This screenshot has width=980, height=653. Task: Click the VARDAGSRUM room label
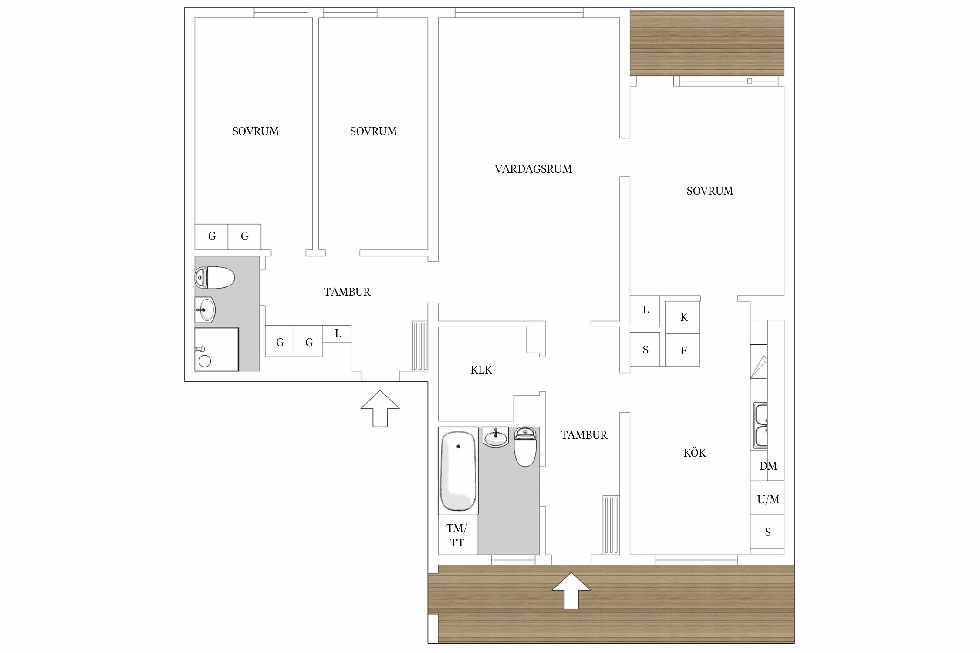coord(533,169)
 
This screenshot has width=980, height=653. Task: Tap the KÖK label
coord(695,453)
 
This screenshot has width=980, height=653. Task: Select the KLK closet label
coord(481,370)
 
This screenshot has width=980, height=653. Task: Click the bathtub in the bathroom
coord(458,471)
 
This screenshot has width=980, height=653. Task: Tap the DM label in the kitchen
coord(768,466)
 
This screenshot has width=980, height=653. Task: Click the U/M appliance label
coord(768,499)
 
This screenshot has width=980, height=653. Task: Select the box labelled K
coord(683,317)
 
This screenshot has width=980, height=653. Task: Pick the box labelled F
coord(683,350)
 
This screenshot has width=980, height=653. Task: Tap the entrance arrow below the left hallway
coord(380,408)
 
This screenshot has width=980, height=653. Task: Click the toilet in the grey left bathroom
coord(215,277)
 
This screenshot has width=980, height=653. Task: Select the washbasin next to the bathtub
coord(496,437)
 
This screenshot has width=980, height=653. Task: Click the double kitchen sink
coord(760,426)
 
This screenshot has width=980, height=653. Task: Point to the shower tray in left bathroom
coord(216,349)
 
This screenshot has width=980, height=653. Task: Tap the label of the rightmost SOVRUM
coord(710,191)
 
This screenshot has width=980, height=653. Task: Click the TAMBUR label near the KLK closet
coord(584,435)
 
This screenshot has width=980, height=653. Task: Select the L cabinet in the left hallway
coord(337,334)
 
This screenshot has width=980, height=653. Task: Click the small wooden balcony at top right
coord(707,43)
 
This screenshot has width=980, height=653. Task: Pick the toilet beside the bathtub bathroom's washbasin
coord(525,447)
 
